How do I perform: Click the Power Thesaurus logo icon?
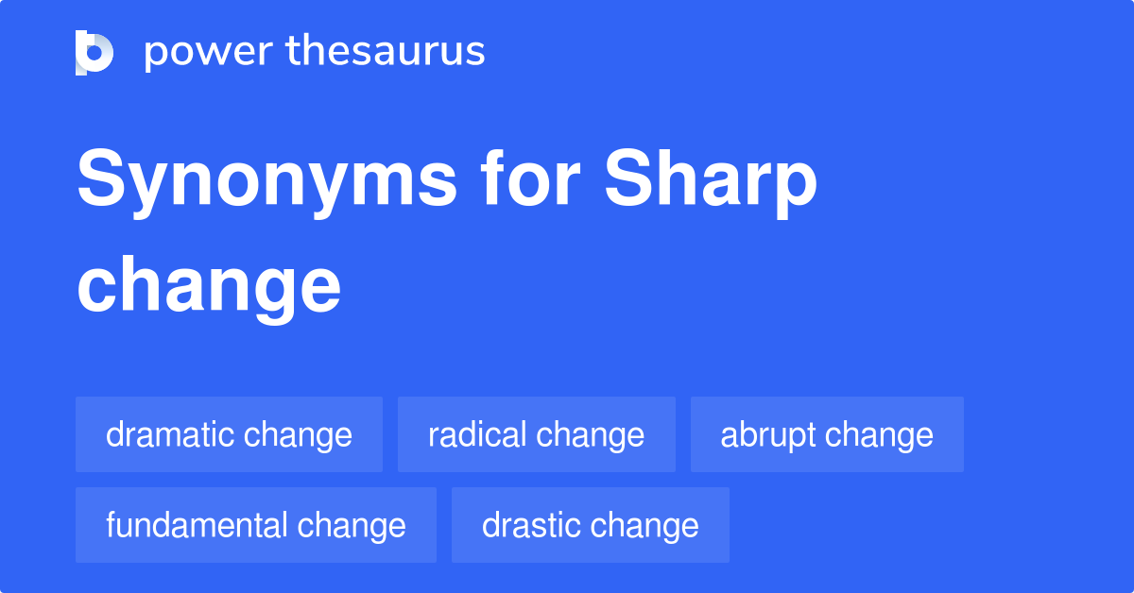tap(94, 52)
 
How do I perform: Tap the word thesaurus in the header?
tap(386, 51)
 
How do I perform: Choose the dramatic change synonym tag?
tap(229, 434)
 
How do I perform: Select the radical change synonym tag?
tap(536, 434)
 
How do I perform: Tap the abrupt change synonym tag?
tap(827, 434)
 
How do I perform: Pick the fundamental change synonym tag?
tap(256, 525)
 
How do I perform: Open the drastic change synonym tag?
tap(591, 525)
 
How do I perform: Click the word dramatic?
tap(170, 434)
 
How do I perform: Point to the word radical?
tap(477, 434)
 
